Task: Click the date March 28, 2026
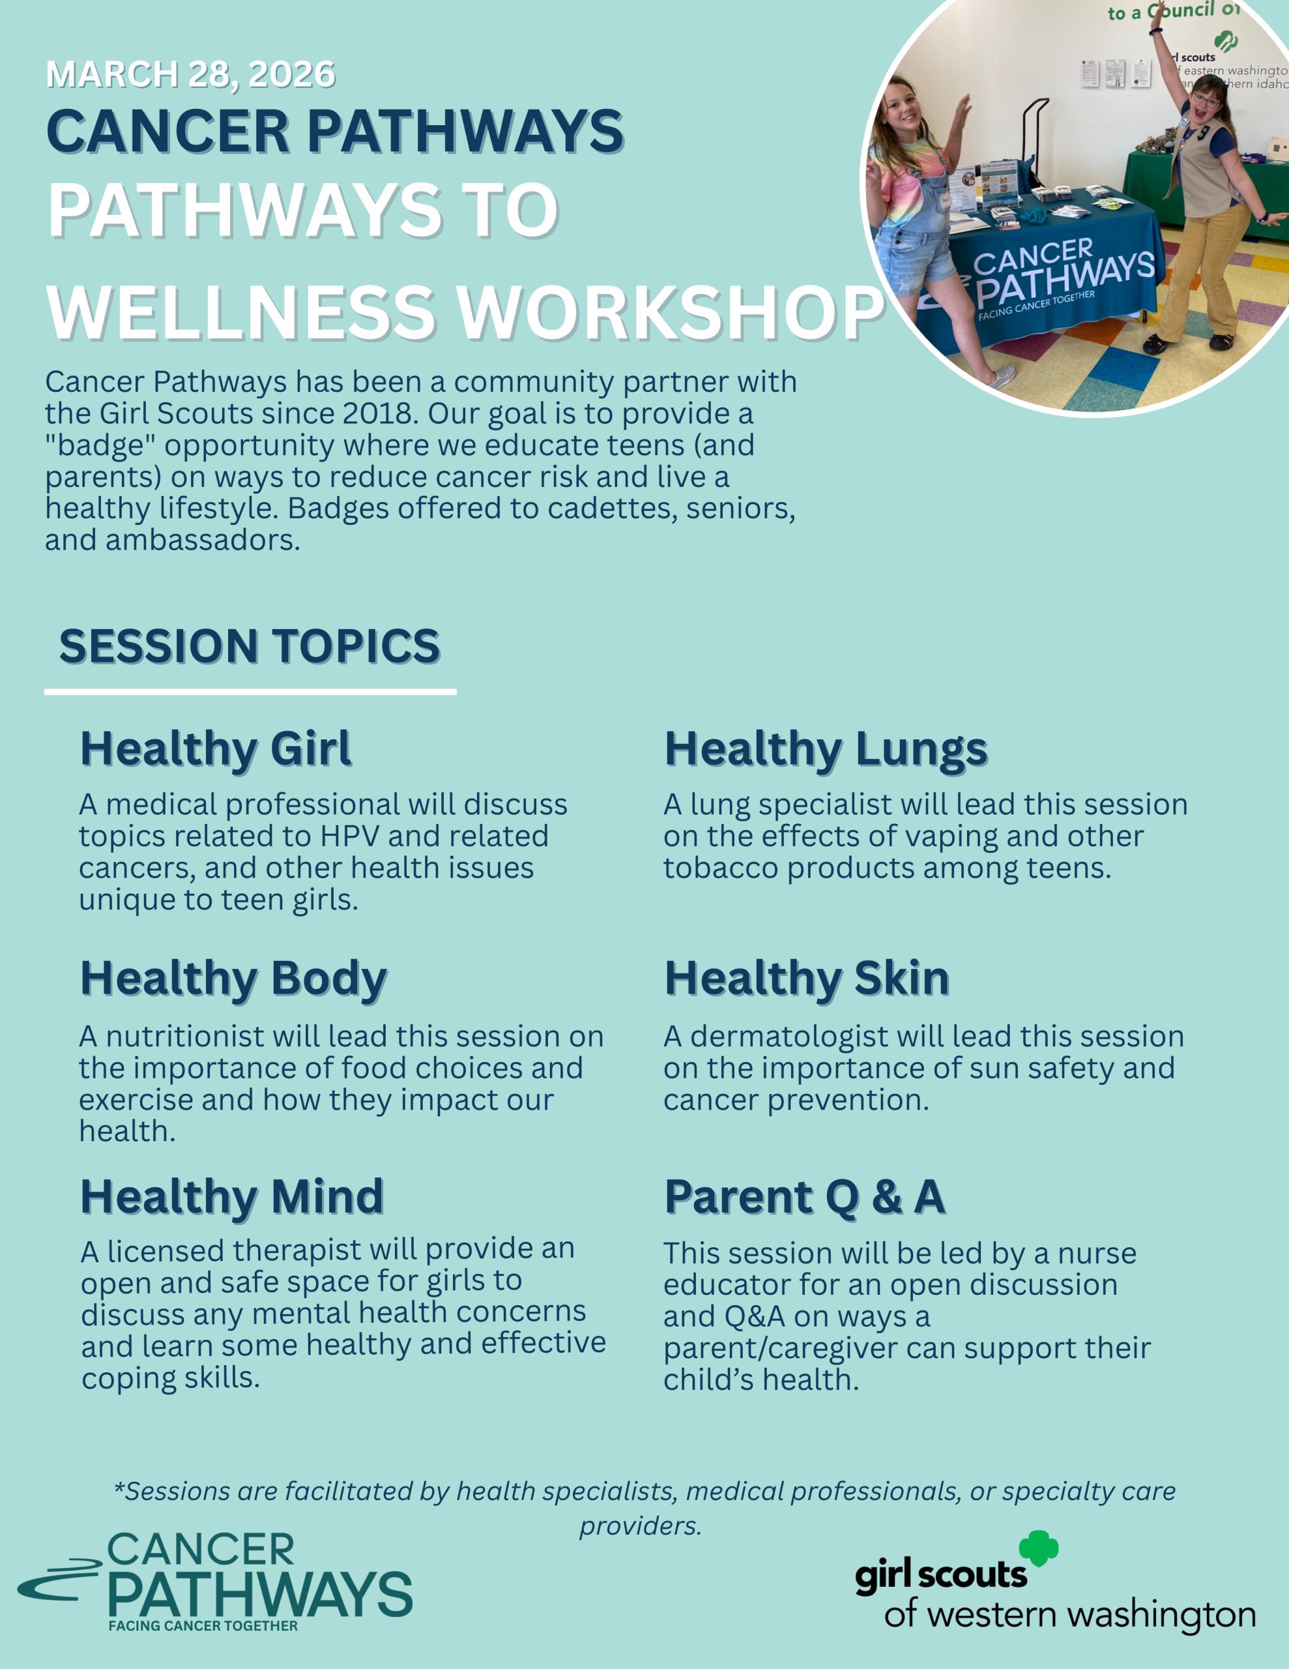pyautogui.click(x=191, y=75)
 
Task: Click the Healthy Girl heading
pyautogui.click(x=216, y=748)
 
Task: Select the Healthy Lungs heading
pyautogui.click(x=826, y=750)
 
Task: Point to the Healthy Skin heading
pyautogui.click(x=807, y=977)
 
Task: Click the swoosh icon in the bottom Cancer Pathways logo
pyautogui.click(x=59, y=1580)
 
